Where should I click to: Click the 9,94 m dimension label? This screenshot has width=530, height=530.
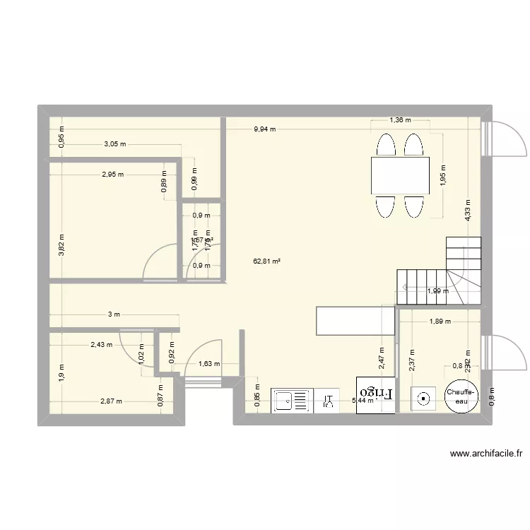tap(265, 129)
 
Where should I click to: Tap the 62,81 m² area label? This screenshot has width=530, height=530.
tap(267, 261)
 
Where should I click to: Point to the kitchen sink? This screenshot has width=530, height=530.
tap(291, 401)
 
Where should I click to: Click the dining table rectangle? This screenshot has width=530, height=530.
tap(400, 175)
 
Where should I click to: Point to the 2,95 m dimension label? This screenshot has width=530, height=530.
tap(112, 175)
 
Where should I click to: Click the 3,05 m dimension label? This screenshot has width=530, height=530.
tap(114, 144)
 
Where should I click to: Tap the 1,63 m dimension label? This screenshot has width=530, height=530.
tap(209, 365)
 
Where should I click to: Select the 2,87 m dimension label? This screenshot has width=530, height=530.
tap(111, 401)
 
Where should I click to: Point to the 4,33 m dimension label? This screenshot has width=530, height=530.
tap(468, 211)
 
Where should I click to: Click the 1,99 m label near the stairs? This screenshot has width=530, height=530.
tap(437, 291)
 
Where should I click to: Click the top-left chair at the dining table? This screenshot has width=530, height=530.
tap(385, 145)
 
